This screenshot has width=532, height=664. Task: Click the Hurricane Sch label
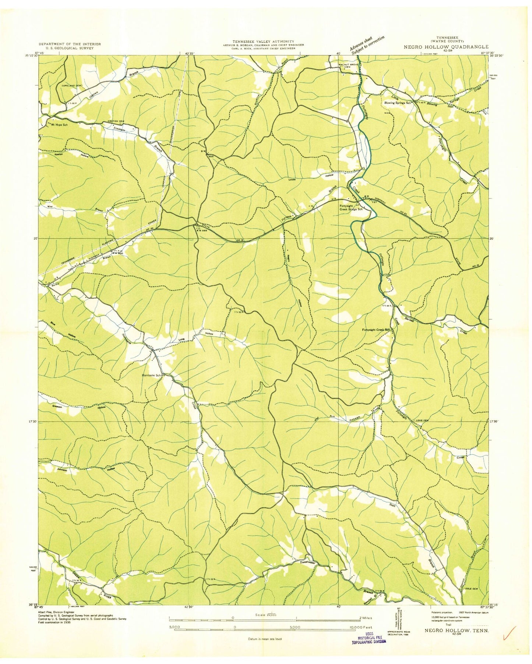tap(152, 375)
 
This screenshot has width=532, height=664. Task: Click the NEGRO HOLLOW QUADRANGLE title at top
tap(446, 47)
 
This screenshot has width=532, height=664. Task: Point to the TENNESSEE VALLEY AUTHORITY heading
tap(263, 41)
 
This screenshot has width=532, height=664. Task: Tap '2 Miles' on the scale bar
tap(366, 618)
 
